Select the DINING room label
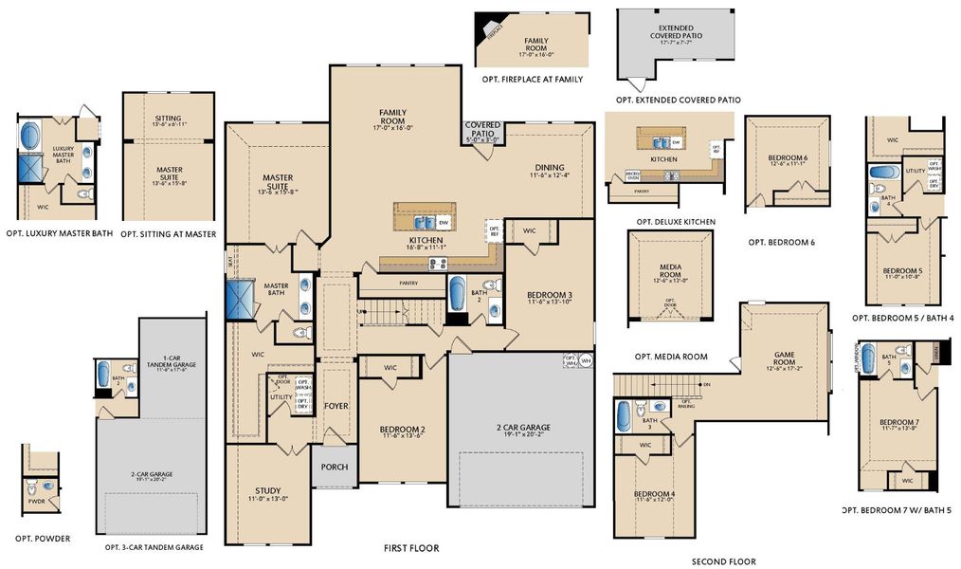click(548, 166)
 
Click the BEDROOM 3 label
click(549, 296)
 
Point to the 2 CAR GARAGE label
click(522, 428)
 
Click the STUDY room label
click(267, 491)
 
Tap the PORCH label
click(335, 467)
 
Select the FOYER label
click(336, 406)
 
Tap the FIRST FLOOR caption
click(411, 548)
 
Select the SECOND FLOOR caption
click(724, 561)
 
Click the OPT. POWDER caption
click(38, 539)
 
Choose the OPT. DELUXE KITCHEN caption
click(670, 222)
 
